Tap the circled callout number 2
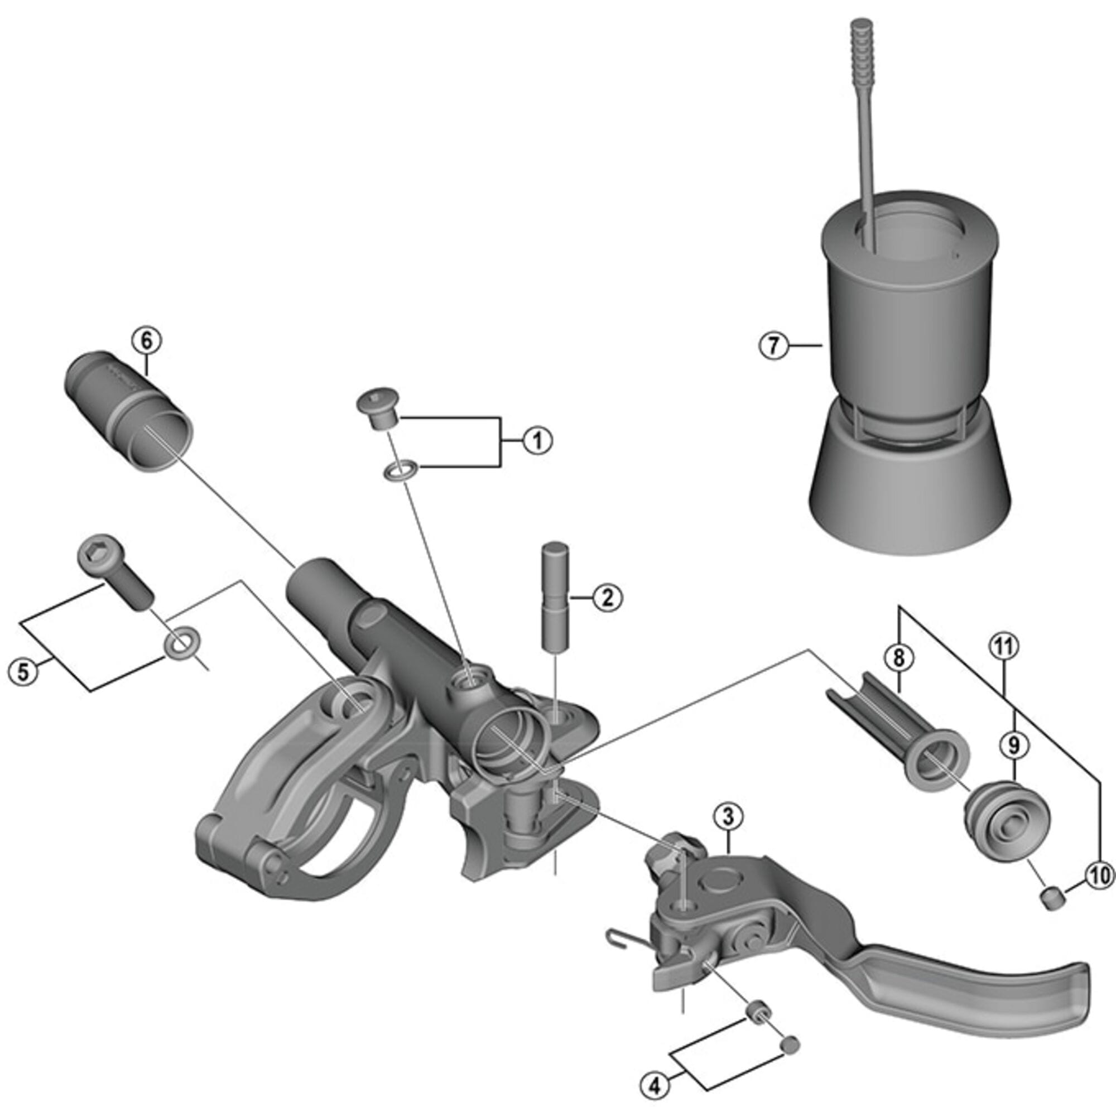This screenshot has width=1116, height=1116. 608,597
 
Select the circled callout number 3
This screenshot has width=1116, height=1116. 728,817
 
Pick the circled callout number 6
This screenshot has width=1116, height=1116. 146,341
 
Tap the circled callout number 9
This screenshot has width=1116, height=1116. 1015,745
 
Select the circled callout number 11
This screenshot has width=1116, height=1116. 1004,647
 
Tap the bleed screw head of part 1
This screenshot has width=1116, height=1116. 377,400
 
